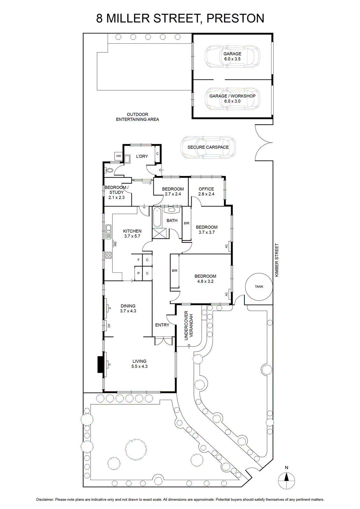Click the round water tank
click(259, 287)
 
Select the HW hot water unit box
click(119, 156)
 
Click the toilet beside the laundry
click(109, 170)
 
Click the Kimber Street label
click(277, 260)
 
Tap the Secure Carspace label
click(208, 147)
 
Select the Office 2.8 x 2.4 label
click(206, 191)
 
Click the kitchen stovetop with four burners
click(109, 255)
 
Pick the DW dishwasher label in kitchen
click(115, 244)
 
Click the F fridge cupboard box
click(138, 260)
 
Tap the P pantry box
click(138, 273)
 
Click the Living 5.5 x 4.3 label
click(139, 364)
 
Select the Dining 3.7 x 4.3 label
click(128, 308)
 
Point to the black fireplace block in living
click(101, 364)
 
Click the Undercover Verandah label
click(189, 325)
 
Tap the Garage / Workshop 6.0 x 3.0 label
click(232, 98)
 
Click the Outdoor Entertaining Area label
click(138, 117)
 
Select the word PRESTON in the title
click(235, 18)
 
